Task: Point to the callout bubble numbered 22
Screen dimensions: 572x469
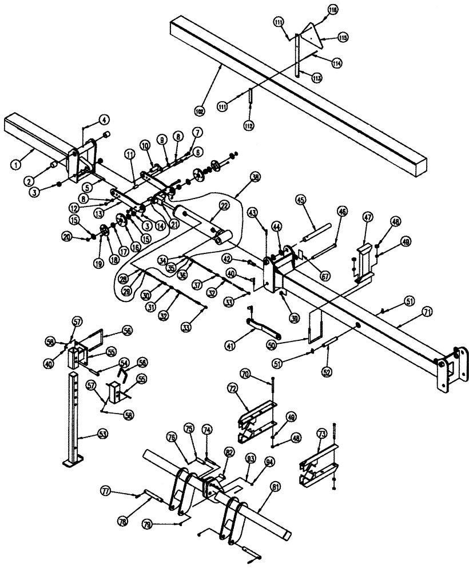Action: pos(224,205)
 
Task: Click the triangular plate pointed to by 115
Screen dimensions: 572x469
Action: pos(309,34)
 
